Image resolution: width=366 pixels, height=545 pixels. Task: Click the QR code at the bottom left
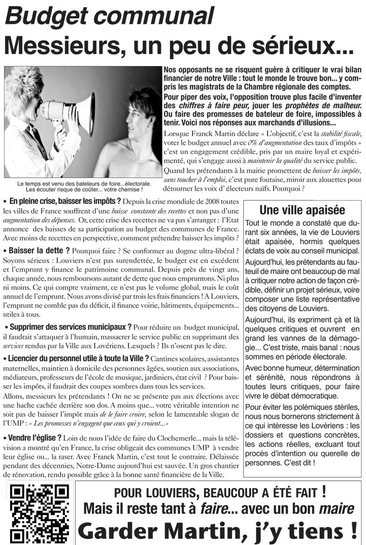click(x=39, y=512)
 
